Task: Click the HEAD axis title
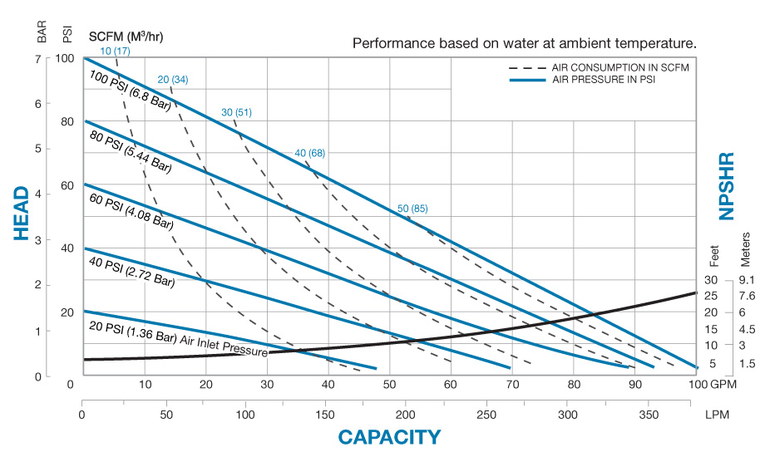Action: pyautogui.click(x=22, y=214)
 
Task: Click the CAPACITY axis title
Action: pyautogui.click(x=388, y=437)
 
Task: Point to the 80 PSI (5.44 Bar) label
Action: pyautogui.click(x=130, y=151)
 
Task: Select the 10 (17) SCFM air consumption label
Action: pyautogui.click(x=116, y=52)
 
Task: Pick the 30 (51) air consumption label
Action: pyautogui.click(x=236, y=112)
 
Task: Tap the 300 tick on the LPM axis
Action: pyautogui.click(x=567, y=413)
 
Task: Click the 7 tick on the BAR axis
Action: pyautogui.click(x=37, y=58)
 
